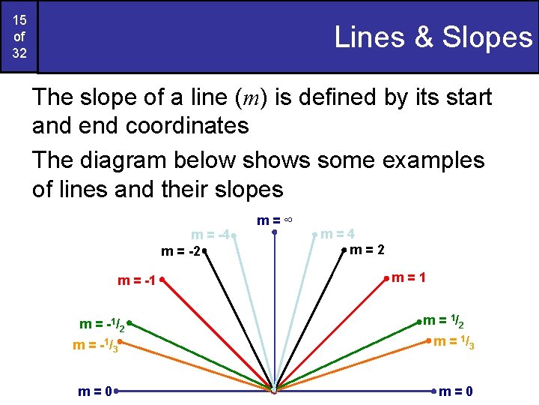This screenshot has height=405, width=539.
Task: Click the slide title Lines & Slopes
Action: pos(433,37)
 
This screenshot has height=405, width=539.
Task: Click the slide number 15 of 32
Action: pos(18,37)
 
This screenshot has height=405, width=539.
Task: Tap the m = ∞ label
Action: pos(274,220)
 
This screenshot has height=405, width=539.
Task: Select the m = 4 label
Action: pos(338,234)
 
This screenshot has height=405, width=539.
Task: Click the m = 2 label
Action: pos(368,250)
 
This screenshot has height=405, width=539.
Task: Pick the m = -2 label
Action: pos(180,251)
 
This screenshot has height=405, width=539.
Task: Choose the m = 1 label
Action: pos(410,277)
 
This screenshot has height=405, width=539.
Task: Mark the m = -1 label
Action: pos(136,281)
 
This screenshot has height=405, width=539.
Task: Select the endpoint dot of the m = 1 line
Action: pos(387,278)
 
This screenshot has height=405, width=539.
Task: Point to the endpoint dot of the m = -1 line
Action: pos(161,280)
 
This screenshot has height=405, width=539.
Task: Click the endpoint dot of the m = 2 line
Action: pos(344,249)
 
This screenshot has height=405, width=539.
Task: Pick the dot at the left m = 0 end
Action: pos(117,391)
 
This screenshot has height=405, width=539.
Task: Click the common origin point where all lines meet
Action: pos(275,390)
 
